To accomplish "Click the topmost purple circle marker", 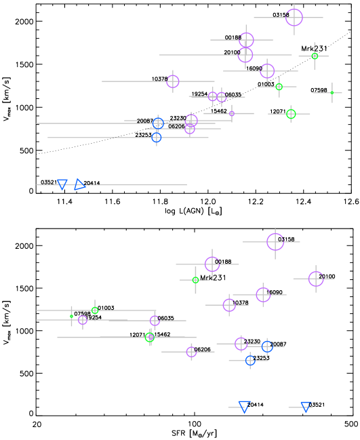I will pyautogui.click(x=294, y=18).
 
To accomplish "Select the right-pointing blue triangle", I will pyautogui.click(x=79, y=184).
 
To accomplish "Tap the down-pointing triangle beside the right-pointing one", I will pyautogui.click(x=62, y=184).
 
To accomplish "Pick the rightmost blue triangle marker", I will pyautogui.click(x=306, y=406).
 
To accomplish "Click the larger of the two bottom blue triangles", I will pyautogui.click(x=244, y=406).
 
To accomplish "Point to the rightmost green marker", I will pyautogui.click(x=332, y=93).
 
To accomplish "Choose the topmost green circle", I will pyautogui.click(x=315, y=56).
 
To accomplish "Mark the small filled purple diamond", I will pyautogui.click(x=232, y=114).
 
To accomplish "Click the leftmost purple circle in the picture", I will pyautogui.click(x=83, y=320).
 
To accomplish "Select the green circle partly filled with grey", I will pyautogui.click(x=150, y=337).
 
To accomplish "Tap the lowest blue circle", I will pyautogui.click(x=250, y=361).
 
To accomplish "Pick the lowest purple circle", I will pyautogui.click(x=191, y=352).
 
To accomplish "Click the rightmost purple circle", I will pyautogui.click(x=316, y=279).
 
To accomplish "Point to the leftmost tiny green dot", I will pyautogui.click(x=71, y=316).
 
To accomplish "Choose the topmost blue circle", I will pyautogui.click(x=159, y=123).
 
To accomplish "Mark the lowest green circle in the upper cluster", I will pyautogui.click(x=291, y=114).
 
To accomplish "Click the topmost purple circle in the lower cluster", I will pyautogui.click(x=275, y=242).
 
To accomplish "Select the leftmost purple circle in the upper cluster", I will pyautogui.click(x=173, y=81).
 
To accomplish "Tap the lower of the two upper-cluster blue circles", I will pyautogui.click(x=157, y=138).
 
